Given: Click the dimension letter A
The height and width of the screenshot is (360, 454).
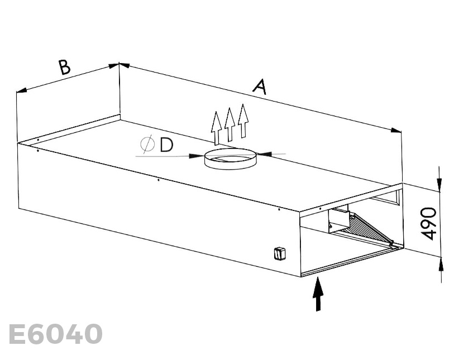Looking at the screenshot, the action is pos(260,87).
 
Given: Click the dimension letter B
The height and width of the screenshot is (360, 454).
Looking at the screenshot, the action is pos(65,67).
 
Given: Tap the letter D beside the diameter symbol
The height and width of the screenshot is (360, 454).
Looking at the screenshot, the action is pos(166,145).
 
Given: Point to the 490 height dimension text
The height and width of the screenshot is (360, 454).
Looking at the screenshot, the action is pos(428,223).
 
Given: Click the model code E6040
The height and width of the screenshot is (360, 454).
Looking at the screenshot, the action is pos(56,334).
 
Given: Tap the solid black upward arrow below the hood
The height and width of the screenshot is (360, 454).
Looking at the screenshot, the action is pos(318,294).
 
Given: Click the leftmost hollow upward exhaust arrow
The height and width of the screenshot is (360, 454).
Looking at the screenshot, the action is pos(216,128).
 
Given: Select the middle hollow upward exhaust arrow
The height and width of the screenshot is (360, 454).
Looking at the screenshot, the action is pos(230,124).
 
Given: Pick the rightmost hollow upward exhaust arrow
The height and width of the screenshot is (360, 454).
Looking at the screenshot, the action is pos(243,121).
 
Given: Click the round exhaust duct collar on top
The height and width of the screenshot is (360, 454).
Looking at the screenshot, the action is pos(230,159).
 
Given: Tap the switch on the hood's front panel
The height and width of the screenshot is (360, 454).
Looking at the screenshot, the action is pos(280,254).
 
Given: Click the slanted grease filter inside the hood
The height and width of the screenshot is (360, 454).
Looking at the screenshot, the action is pos(369,228).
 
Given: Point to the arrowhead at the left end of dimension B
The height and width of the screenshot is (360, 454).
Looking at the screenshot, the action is pos(21,90).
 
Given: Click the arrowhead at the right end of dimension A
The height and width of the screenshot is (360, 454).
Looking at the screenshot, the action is pos(396,131).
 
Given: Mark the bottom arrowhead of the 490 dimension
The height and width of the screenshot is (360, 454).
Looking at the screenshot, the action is pos(441,264).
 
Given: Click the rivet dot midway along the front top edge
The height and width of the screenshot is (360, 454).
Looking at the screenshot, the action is pos(158,180).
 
